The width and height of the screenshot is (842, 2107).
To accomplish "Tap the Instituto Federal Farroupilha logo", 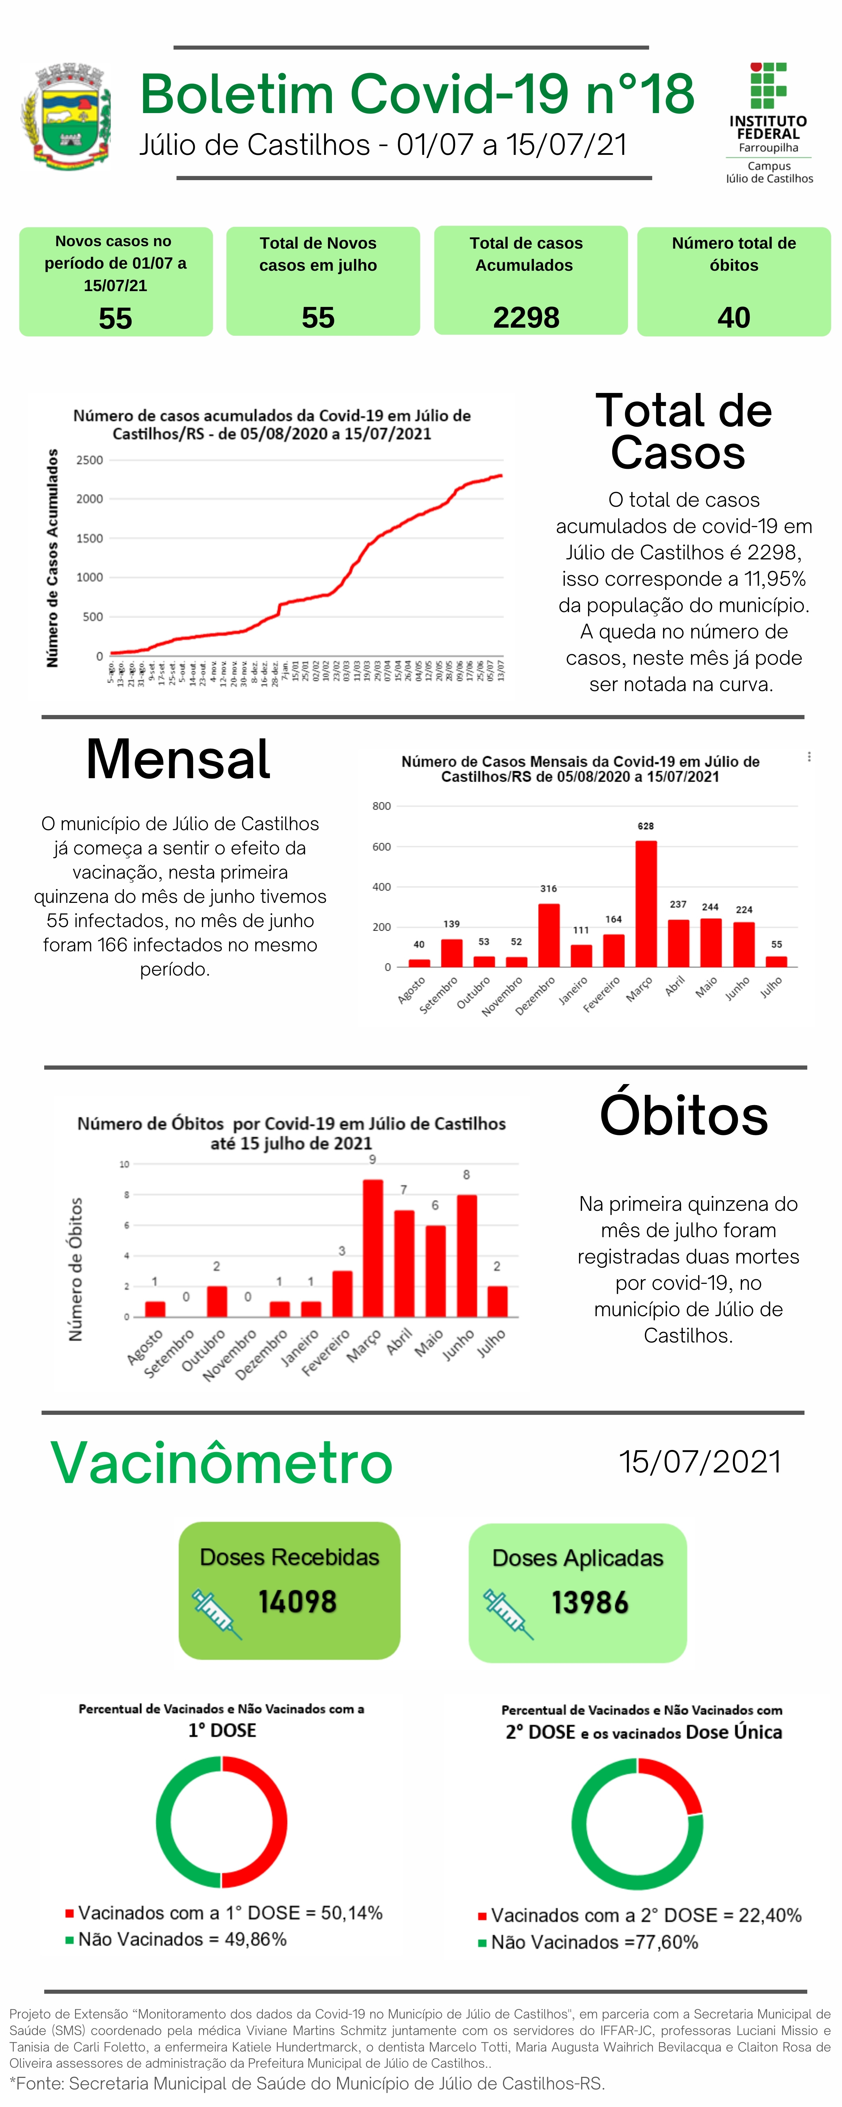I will pyautogui.click(x=768, y=123).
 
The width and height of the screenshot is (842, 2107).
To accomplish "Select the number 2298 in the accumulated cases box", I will pyautogui.click(x=526, y=317).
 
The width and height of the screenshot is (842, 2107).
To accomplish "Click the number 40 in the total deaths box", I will pyautogui.click(x=733, y=317).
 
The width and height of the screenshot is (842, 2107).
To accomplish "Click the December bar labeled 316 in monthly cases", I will pyautogui.click(x=548, y=935).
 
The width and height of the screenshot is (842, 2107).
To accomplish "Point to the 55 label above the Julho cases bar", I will pyautogui.click(x=777, y=944).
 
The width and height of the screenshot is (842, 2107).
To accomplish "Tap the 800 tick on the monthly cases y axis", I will pyautogui.click(x=382, y=806).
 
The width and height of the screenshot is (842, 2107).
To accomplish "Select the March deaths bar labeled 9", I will pyautogui.click(x=373, y=1247).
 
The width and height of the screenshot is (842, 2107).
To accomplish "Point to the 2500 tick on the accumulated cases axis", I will pyautogui.click(x=90, y=460).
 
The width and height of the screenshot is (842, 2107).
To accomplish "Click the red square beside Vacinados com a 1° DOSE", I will pyautogui.click(x=70, y=1913).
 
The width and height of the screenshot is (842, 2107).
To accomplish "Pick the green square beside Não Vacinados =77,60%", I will pyautogui.click(x=482, y=1943).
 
